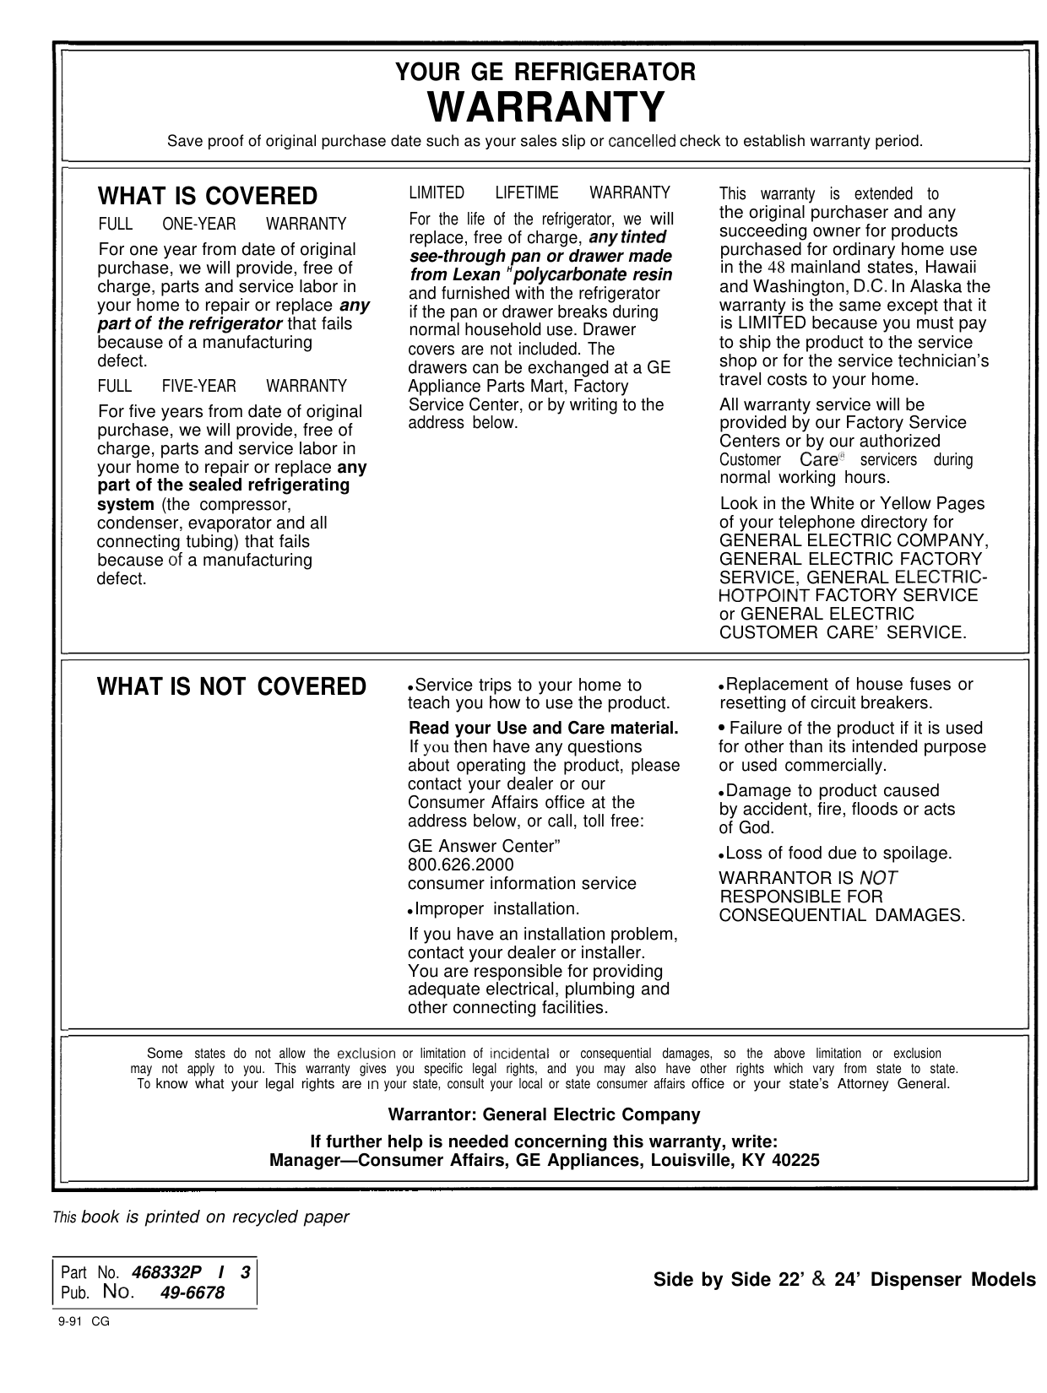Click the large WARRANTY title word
point(546,107)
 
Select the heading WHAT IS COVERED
point(209,197)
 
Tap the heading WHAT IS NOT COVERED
point(232,687)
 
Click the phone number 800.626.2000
point(460,865)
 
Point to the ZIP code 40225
point(796,1161)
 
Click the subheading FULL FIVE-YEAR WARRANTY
point(222,387)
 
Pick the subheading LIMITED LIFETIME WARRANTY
point(540,193)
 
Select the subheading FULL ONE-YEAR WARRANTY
point(222,225)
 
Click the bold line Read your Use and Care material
point(544,729)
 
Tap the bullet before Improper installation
point(410,911)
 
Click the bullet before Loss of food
point(721,855)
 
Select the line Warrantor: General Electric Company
point(544,1115)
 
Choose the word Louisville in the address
point(692,1161)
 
